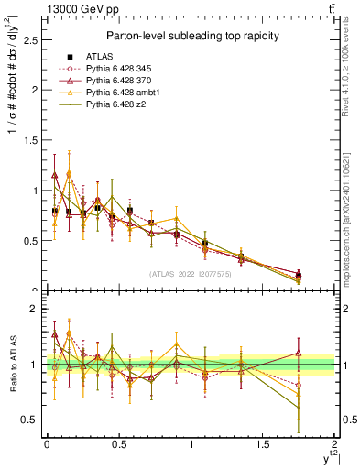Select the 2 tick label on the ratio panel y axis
[35, 309]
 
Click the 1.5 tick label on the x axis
[263, 444]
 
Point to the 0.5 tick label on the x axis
[118, 444]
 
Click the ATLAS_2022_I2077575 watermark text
[190, 273]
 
